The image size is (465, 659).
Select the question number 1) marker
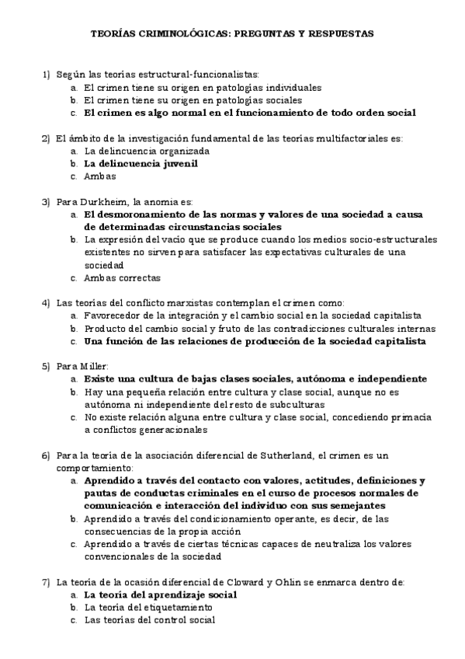tap(45, 75)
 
